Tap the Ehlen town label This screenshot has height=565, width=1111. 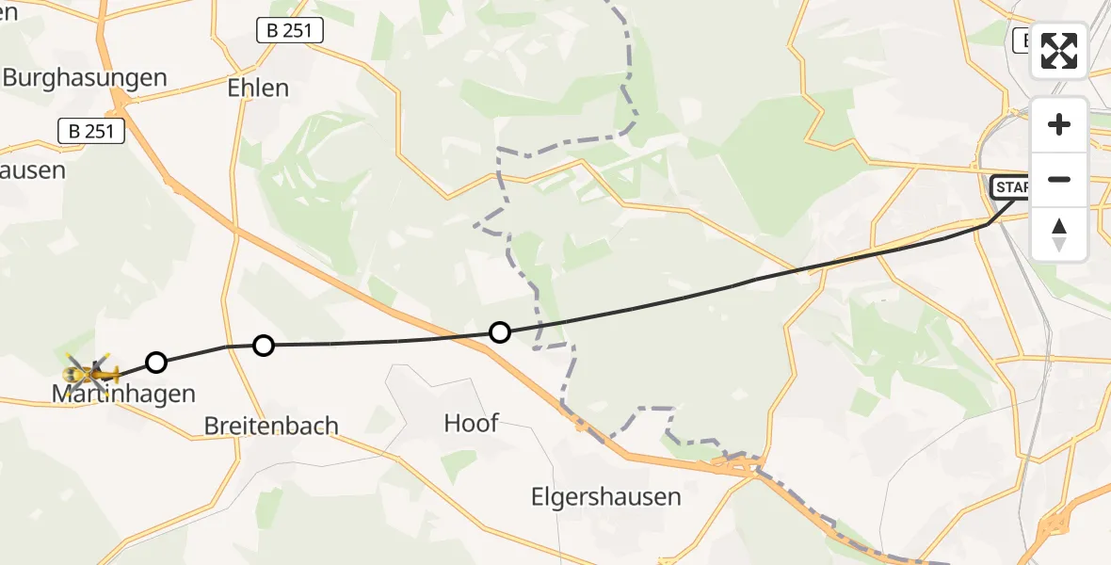point(258,88)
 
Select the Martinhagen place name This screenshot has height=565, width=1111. point(123,394)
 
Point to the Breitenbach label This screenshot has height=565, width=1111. point(271,426)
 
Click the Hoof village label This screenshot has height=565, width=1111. point(471,423)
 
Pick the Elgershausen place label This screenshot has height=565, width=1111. point(605,496)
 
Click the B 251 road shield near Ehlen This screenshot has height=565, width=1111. point(290,31)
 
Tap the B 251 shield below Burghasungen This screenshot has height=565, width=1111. point(91,131)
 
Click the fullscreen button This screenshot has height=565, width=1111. point(1059,51)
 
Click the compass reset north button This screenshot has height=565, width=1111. point(1059,234)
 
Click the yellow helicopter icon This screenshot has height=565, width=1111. point(92,372)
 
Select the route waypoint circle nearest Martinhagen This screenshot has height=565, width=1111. point(156,363)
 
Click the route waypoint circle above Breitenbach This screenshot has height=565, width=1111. point(264,346)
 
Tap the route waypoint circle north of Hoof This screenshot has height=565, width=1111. point(500,332)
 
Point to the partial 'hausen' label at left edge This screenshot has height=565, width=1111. point(33,170)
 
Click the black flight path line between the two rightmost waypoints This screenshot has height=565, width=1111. point(753,281)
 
